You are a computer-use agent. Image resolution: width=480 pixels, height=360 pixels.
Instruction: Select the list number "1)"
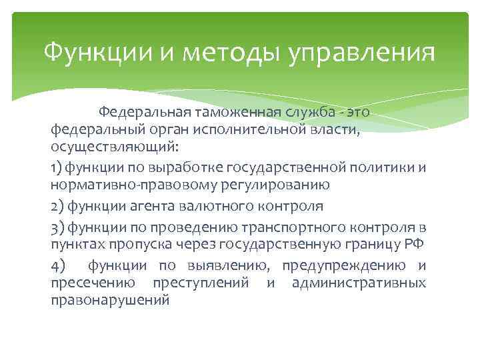pos(56,165)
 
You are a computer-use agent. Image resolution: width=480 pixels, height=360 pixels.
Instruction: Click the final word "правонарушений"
pos(110,301)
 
